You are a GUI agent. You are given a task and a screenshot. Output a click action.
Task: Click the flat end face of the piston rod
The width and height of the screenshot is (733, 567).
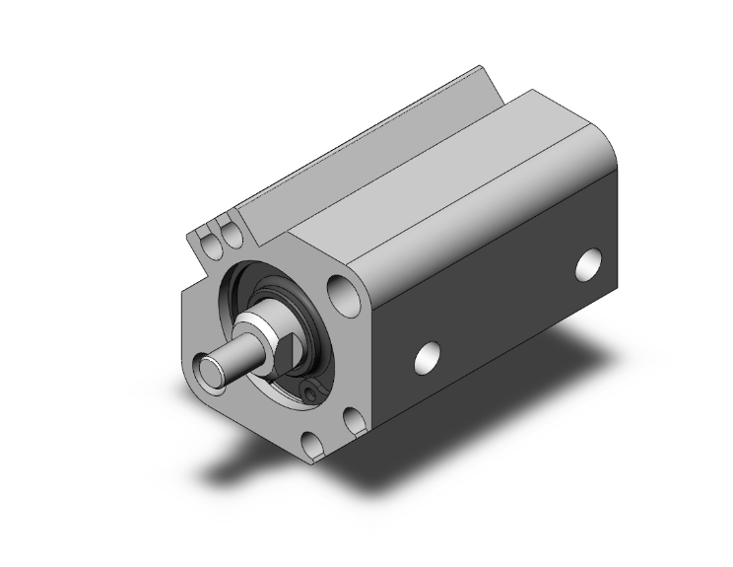tap(212, 373)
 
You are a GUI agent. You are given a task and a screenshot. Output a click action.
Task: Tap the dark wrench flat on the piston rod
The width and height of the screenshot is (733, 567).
tap(277, 347)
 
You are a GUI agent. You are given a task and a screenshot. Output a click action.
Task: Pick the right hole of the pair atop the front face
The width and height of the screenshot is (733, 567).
tap(233, 235)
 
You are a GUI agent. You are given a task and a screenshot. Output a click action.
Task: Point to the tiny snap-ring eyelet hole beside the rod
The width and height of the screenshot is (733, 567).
tap(312, 391)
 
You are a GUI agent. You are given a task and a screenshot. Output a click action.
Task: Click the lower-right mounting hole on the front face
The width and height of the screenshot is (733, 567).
tap(353, 422)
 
